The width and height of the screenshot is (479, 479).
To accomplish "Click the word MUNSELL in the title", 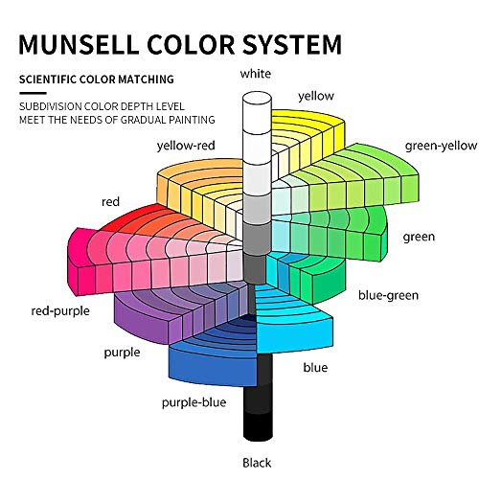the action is click(79, 44).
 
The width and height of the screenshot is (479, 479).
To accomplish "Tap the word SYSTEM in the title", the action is click(292, 44).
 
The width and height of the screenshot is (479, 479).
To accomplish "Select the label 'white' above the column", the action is click(256, 74).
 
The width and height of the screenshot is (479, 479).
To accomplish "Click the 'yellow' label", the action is click(316, 96).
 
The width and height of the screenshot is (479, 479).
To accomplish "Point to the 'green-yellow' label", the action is click(441, 146).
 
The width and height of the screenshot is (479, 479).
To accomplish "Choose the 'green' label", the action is click(419, 237).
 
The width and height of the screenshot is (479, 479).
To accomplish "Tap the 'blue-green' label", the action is click(388, 295).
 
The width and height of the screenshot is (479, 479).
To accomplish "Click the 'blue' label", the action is click(315, 367).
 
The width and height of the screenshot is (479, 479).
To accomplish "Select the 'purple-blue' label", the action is click(194, 402).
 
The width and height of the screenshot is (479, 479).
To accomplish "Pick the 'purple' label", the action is click(122, 353).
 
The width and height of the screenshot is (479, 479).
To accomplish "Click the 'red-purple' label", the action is click(60, 310).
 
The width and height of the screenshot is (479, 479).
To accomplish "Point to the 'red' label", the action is click(110, 202).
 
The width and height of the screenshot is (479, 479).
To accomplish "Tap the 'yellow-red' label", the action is click(186, 146).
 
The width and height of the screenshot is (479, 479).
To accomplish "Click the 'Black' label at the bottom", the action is click(257, 463).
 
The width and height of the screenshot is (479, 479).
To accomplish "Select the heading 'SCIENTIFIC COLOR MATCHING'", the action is click(97, 80).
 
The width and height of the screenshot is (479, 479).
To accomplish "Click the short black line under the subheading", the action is click(33, 93).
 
